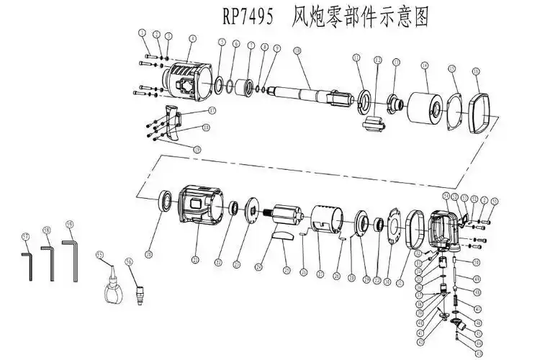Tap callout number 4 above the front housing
click(x=192, y=38)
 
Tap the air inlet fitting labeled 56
click(x=140, y=294)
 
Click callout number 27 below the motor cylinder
click(x=320, y=274)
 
